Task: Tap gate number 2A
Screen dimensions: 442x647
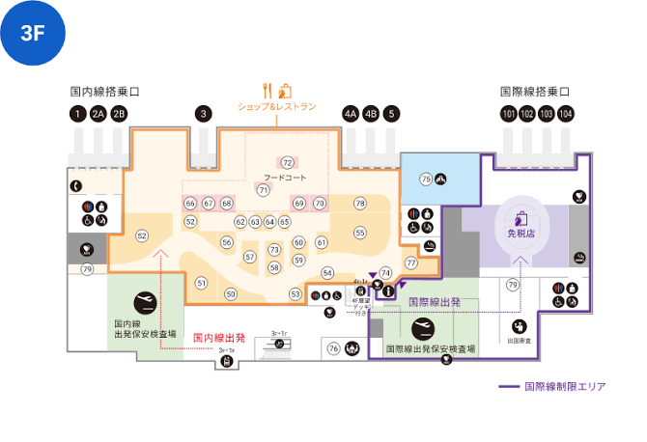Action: click(x=98, y=114)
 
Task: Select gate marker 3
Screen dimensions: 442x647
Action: click(x=203, y=114)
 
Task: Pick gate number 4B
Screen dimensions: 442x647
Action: click(x=370, y=114)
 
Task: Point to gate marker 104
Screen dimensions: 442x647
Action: click(x=565, y=114)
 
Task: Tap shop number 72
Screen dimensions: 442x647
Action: click(x=288, y=162)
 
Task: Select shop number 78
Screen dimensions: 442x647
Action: click(x=360, y=203)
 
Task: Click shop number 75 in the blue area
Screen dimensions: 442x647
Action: click(x=426, y=179)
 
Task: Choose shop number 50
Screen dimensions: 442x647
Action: click(x=231, y=293)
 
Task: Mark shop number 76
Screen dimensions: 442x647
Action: click(x=334, y=348)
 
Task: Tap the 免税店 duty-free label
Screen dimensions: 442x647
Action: click(x=520, y=233)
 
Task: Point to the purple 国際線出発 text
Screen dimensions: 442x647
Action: click(x=435, y=302)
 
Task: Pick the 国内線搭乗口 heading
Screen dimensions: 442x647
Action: click(x=105, y=93)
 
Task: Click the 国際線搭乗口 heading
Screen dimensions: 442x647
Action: click(x=535, y=93)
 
